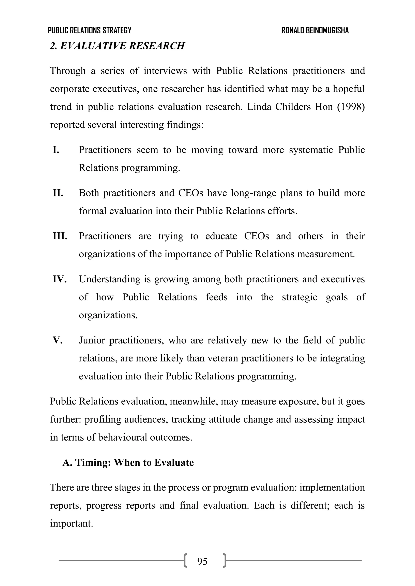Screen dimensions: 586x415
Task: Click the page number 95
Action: [x=202, y=561]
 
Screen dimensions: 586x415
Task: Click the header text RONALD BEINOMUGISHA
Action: [x=315, y=30]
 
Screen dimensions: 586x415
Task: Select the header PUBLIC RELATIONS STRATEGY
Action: [x=90, y=30]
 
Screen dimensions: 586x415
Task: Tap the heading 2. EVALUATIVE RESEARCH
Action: [x=117, y=46]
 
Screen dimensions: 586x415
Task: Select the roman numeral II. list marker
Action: [x=58, y=193]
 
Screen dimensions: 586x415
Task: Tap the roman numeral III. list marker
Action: [x=60, y=236]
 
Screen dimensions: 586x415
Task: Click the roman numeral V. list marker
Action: [x=58, y=340]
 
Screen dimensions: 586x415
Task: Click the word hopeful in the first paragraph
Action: [x=349, y=89]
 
